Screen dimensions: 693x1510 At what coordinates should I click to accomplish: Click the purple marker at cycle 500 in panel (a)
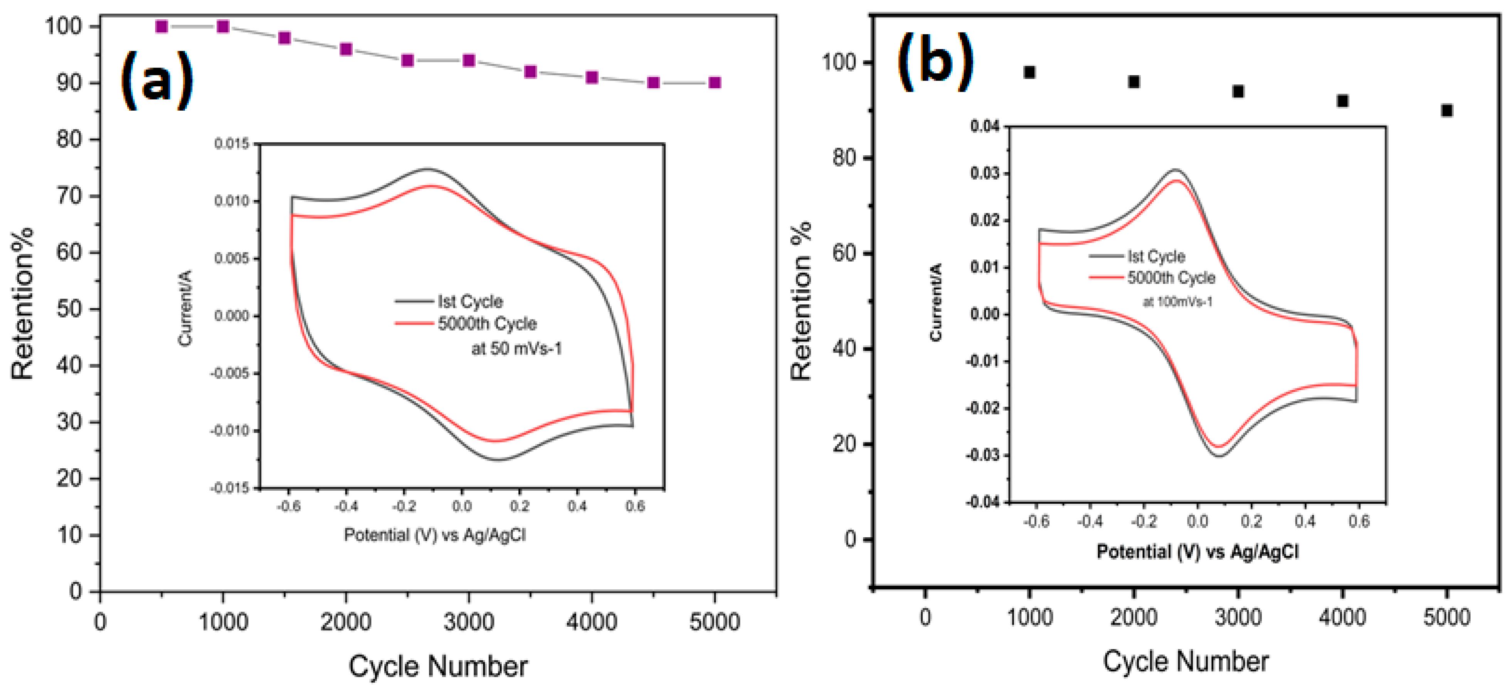coord(162,26)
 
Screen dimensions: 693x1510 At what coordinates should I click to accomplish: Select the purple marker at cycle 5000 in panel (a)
coord(715,82)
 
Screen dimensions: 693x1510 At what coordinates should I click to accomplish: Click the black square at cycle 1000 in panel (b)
coord(1029,72)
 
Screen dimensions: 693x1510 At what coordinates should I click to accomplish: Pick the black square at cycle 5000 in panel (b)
coord(1447,110)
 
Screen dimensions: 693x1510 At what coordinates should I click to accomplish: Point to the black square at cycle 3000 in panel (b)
coord(1238,91)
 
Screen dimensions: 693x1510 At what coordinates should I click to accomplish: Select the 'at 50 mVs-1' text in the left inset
coord(516,349)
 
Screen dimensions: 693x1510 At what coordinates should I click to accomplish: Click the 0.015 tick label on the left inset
coord(232,144)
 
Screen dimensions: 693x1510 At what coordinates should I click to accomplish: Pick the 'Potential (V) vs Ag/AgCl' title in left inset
coord(434,535)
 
